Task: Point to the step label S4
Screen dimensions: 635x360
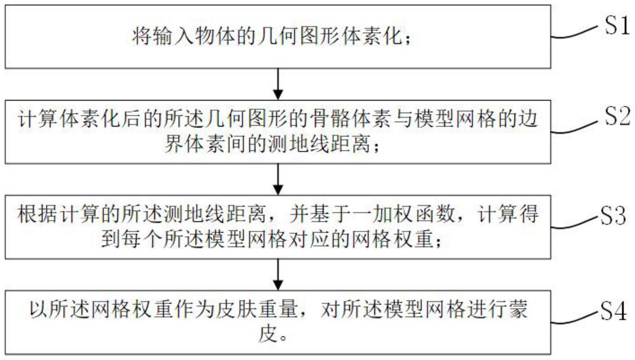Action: point(613,311)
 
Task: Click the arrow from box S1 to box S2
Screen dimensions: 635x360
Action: point(278,84)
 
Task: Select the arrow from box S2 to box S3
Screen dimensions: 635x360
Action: point(278,179)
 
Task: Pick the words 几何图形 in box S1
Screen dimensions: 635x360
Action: point(299,37)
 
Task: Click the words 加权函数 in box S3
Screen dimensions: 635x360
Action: point(414,214)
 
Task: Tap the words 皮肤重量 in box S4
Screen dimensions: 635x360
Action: point(257,309)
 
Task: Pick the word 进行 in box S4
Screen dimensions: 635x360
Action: point(486,309)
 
